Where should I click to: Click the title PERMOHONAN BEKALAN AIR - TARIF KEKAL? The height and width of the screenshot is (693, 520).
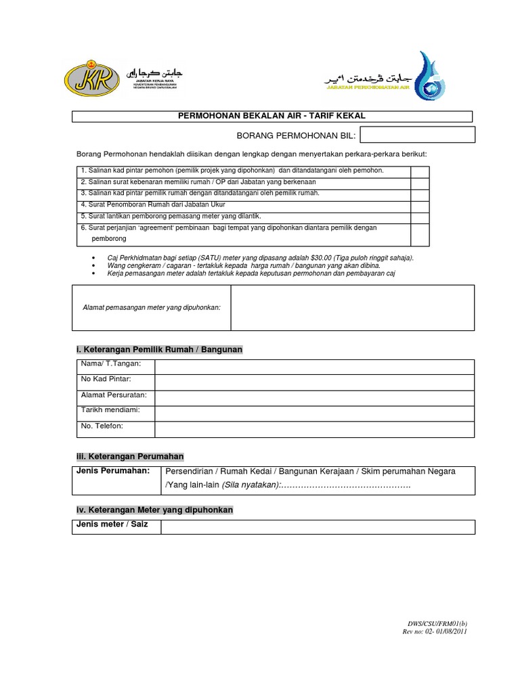click(x=272, y=117)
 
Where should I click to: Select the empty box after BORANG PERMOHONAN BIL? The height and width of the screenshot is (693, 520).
click(x=417, y=135)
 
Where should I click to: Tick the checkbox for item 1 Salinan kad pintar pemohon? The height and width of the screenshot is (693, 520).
click(x=420, y=171)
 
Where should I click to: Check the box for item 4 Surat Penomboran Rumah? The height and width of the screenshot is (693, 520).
click(x=420, y=204)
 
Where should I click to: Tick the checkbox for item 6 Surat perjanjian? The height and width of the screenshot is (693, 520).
click(x=420, y=233)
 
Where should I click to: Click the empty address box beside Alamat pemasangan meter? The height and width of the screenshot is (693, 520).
click(x=352, y=307)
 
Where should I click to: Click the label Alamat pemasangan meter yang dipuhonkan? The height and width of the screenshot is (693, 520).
click(x=152, y=307)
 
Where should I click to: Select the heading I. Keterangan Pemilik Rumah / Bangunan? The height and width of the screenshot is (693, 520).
click(x=158, y=349)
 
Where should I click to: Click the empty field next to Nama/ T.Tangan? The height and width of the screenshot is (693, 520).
click(x=314, y=366)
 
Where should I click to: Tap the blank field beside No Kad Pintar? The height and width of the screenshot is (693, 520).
click(x=314, y=382)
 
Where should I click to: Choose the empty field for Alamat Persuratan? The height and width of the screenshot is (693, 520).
click(x=314, y=397)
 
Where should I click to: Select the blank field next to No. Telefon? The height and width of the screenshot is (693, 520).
click(x=314, y=429)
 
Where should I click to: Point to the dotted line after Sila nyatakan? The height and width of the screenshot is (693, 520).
click(x=346, y=486)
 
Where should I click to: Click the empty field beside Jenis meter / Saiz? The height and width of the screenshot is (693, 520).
click(x=317, y=527)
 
